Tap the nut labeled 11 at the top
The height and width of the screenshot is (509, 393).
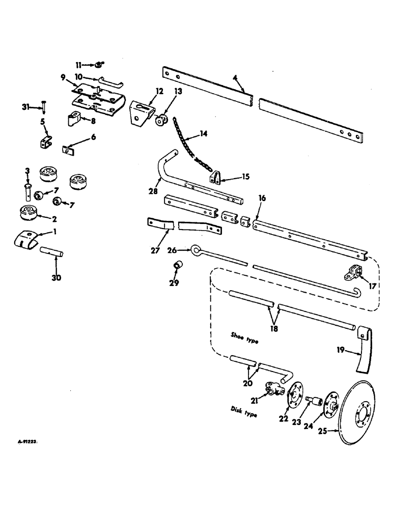pyautogui.click(x=99, y=65)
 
